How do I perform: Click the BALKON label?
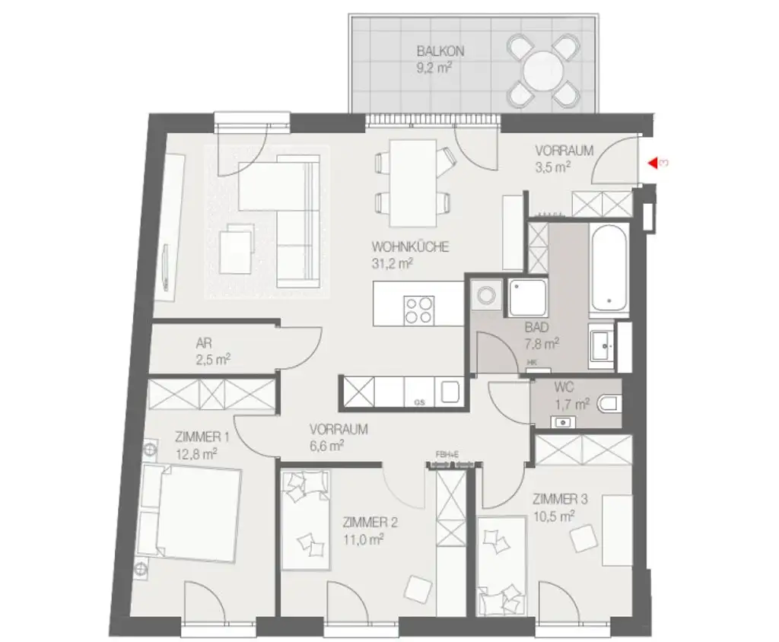pyautogui.click(x=440, y=52)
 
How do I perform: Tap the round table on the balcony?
pyautogui.click(x=542, y=71)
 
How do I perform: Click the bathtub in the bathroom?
pyautogui.click(x=609, y=269)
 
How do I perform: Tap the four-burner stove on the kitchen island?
pyautogui.click(x=419, y=309)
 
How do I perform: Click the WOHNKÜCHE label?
pyautogui.click(x=410, y=247)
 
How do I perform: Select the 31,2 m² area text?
pyautogui.click(x=392, y=264)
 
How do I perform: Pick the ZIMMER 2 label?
pyautogui.click(x=370, y=523)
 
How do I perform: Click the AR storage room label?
pyautogui.click(x=203, y=343)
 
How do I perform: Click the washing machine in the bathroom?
pyautogui.click(x=484, y=295)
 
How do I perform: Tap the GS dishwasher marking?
pyautogui.click(x=419, y=401)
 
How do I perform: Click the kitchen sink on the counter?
pyautogui.click(x=450, y=393)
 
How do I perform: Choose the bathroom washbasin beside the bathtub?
pyautogui.click(x=605, y=347)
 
